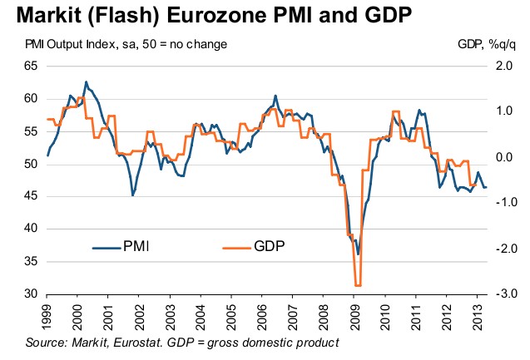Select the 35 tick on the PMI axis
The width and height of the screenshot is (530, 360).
click(x=31, y=261)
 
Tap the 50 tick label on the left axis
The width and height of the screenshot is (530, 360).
click(x=31, y=164)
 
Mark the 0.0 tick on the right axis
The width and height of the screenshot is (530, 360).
click(x=503, y=156)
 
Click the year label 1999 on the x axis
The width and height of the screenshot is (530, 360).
click(x=48, y=314)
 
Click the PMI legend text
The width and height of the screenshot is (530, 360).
click(x=137, y=246)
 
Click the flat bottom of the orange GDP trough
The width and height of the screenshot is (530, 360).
click(x=358, y=285)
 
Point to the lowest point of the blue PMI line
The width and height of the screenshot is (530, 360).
click(x=358, y=254)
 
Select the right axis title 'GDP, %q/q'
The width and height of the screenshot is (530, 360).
click(x=485, y=43)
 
